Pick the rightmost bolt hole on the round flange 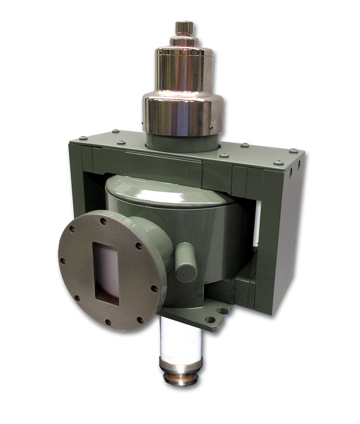point(154,289)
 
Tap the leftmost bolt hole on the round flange point(63,261)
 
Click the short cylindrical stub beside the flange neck point(186,262)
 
